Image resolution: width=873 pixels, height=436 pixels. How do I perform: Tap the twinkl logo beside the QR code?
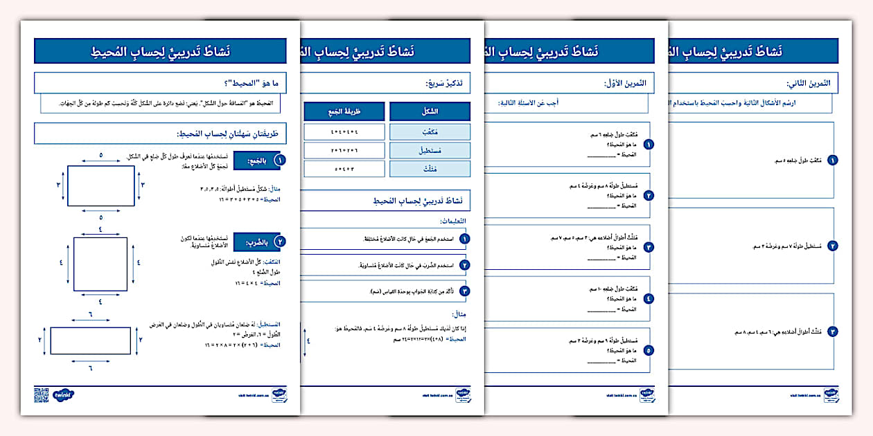pyautogui.click(x=64, y=395)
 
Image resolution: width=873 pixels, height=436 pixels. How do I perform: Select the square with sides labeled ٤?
pyautogui.click(x=100, y=264)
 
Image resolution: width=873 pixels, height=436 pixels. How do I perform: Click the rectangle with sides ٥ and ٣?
pyautogui.click(x=100, y=185)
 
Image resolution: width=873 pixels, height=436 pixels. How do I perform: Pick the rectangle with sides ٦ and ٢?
pyautogui.click(x=91, y=340)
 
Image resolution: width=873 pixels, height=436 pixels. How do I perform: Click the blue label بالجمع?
pyautogui.click(x=257, y=161)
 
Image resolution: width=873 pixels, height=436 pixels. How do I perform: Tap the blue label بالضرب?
pyautogui.click(x=257, y=242)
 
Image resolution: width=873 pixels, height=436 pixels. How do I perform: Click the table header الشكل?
pyautogui.click(x=430, y=111)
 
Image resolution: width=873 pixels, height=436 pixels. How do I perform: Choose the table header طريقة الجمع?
pyautogui.click(x=344, y=111)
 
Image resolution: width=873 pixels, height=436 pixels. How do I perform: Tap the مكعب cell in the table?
pyautogui.click(x=430, y=131)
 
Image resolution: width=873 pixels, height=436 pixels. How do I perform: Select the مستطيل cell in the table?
pyautogui.click(x=430, y=149)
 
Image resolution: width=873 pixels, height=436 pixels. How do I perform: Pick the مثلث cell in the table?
pyautogui.click(x=430, y=168)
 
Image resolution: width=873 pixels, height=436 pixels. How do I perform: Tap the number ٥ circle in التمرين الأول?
pyautogui.click(x=649, y=350)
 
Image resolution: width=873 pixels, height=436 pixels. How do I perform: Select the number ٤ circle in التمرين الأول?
pyautogui.click(x=649, y=299)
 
